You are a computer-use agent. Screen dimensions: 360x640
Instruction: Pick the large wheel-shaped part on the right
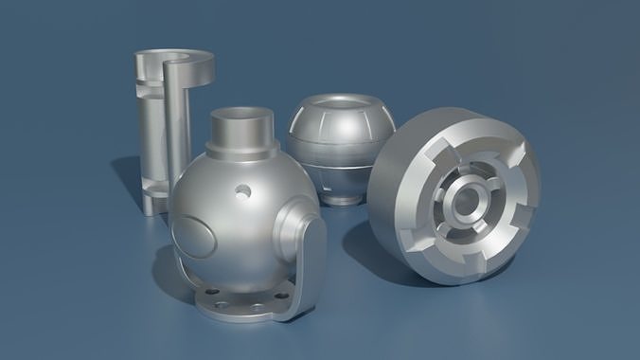(x=454, y=199)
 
